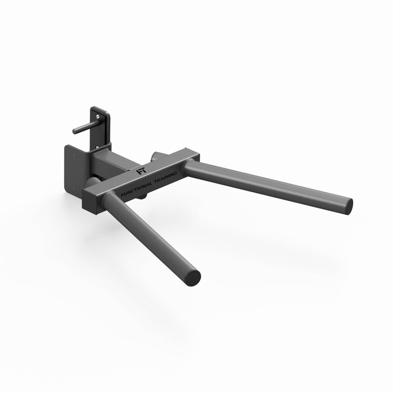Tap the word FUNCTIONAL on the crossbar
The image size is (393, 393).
[137, 188]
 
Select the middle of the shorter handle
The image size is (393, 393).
[152, 233]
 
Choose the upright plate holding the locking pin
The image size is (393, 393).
[102, 126]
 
